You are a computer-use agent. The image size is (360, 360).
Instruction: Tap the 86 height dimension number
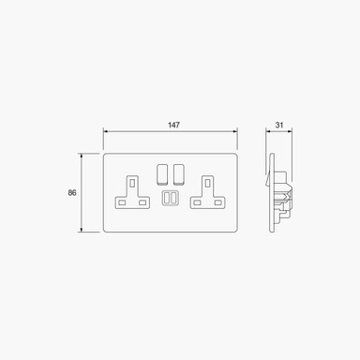[72, 193]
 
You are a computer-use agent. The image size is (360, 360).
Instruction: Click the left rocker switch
[162, 173]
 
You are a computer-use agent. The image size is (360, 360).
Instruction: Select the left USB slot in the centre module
[167, 198]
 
